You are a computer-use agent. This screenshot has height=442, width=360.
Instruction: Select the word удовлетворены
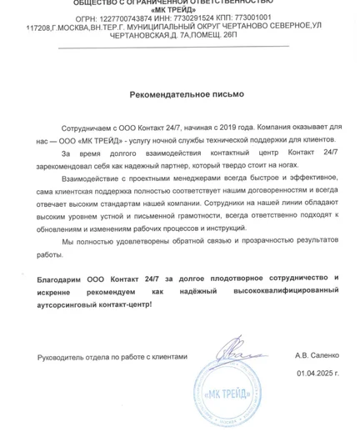(x=141, y=240)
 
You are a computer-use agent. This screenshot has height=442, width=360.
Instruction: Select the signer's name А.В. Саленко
(x=317, y=355)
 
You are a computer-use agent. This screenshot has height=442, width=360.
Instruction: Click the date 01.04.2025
(x=316, y=373)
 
